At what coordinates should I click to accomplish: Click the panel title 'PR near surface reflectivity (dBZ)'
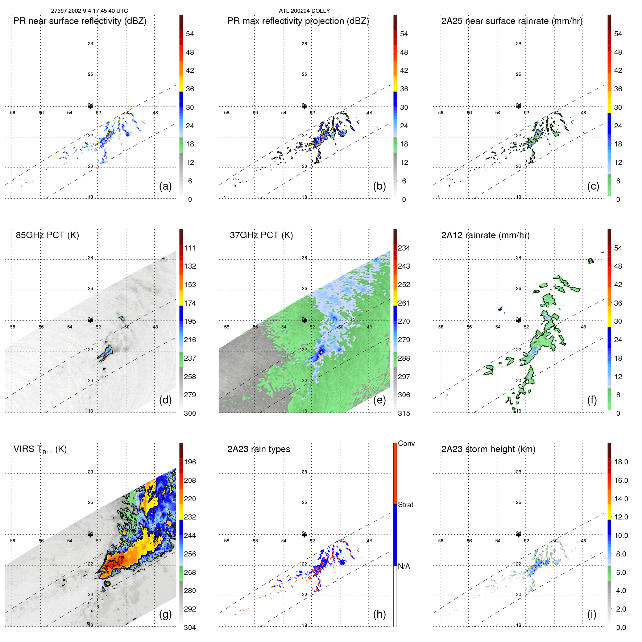[x=80, y=21]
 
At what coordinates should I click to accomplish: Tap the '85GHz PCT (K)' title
[x=47, y=235]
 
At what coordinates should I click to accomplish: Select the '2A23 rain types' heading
[x=258, y=449]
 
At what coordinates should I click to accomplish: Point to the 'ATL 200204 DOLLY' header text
[x=304, y=11]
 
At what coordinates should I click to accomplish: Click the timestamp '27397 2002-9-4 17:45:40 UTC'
[x=89, y=11]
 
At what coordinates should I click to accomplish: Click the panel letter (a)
[x=165, y=186]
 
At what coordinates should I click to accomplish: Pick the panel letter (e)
[x=379, y=400]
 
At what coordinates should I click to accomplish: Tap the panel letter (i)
[x=592, y=614]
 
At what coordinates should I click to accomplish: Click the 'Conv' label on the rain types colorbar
[x=406, y=443]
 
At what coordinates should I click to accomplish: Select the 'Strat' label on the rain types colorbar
[x=405, y=505]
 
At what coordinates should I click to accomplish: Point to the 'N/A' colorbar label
[x=404, y=566]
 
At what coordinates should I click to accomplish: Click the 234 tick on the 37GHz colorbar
[x=404, y=248]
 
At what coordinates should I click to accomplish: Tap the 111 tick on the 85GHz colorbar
[x=190, y=248]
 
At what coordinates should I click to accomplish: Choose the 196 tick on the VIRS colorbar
[x=190, y=462]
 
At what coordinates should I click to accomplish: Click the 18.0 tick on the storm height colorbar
[x=621, y=462]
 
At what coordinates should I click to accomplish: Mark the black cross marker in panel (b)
[x=305, y=106]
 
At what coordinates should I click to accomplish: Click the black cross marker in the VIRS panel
[x=91, y=535]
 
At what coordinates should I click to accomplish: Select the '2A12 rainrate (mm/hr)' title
[x=485, y=235]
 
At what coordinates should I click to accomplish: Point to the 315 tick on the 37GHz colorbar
[x=404, y=413]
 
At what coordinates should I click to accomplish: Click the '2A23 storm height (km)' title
[x=488, y=449]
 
